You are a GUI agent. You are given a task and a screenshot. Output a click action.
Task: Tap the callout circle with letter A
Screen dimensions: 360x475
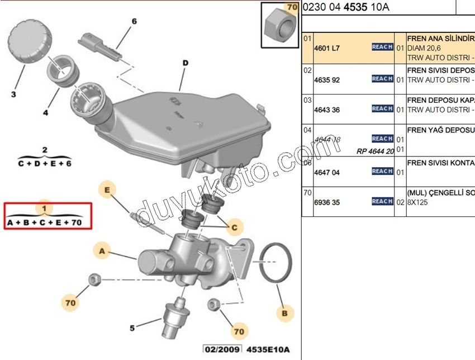[102, 252]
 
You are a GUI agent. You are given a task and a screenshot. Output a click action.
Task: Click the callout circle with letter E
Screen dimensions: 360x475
[108, 191]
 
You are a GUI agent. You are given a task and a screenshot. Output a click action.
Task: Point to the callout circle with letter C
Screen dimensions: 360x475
[235, 227]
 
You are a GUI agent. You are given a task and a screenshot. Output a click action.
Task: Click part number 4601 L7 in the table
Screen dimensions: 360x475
[327, 49]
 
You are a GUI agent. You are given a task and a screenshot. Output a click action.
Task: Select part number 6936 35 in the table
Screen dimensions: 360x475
[327, 202]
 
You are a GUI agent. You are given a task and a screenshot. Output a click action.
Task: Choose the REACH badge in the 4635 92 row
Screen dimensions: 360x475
[382, 79]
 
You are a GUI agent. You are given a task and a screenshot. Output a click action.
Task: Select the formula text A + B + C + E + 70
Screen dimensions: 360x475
[45, 222]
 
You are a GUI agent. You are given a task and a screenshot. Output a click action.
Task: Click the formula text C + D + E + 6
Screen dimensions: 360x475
[45, 164]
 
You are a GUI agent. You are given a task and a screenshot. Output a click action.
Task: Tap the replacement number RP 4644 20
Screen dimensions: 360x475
[375, 151]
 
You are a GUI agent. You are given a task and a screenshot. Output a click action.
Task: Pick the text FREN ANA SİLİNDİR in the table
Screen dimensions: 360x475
[440, 39]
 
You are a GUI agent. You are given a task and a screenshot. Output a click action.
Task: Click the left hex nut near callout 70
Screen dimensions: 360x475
[94, 278]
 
